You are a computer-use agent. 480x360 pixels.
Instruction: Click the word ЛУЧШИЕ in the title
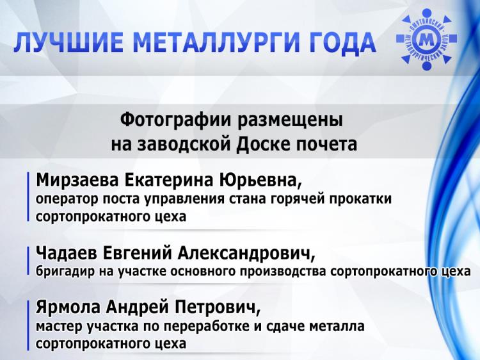(x=68, y=42)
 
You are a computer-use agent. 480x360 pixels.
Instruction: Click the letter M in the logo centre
(x=426, y=40)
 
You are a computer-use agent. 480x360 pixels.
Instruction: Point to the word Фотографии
(x=176, y=120)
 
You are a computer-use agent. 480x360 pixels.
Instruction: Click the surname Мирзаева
(x=77, y=180)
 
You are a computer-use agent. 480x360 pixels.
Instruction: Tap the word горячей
(x=297, y=199)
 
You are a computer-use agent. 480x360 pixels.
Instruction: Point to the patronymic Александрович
(x=246, y=254)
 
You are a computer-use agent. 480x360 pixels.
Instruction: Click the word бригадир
(x=65, y=272)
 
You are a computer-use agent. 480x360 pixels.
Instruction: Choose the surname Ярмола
(x=68, y=307)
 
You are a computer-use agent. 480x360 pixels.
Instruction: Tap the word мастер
(x=59, y=327)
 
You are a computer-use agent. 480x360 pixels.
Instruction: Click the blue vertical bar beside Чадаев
(x=28, y=261)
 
